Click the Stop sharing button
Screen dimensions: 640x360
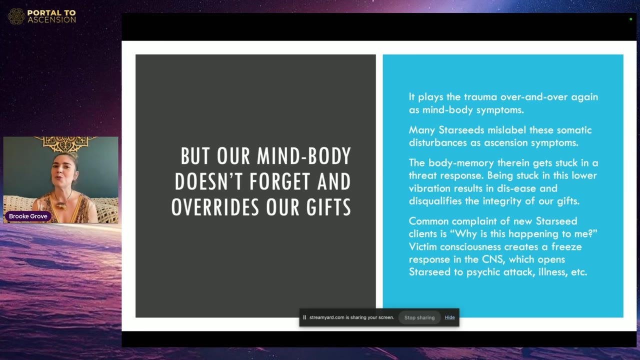pos(419,317)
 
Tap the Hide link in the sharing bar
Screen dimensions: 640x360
pos(449,317)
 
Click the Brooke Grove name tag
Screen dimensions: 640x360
pos(28,216)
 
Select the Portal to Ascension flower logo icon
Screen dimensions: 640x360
pos(16,16)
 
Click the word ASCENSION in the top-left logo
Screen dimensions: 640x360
pos(51,19)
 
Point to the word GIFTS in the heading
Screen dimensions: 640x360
pos(328,207)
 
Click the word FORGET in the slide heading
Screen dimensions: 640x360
pos(280,181)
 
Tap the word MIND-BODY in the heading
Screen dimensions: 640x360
pos(304,156)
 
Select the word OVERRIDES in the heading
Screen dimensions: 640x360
pos(215,207)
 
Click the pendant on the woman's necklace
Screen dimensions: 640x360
pos(60,205)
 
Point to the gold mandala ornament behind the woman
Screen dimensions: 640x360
pos(65,143)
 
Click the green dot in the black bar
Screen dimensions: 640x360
pos(630,19)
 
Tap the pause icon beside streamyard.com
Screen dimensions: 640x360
pos(304,317)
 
